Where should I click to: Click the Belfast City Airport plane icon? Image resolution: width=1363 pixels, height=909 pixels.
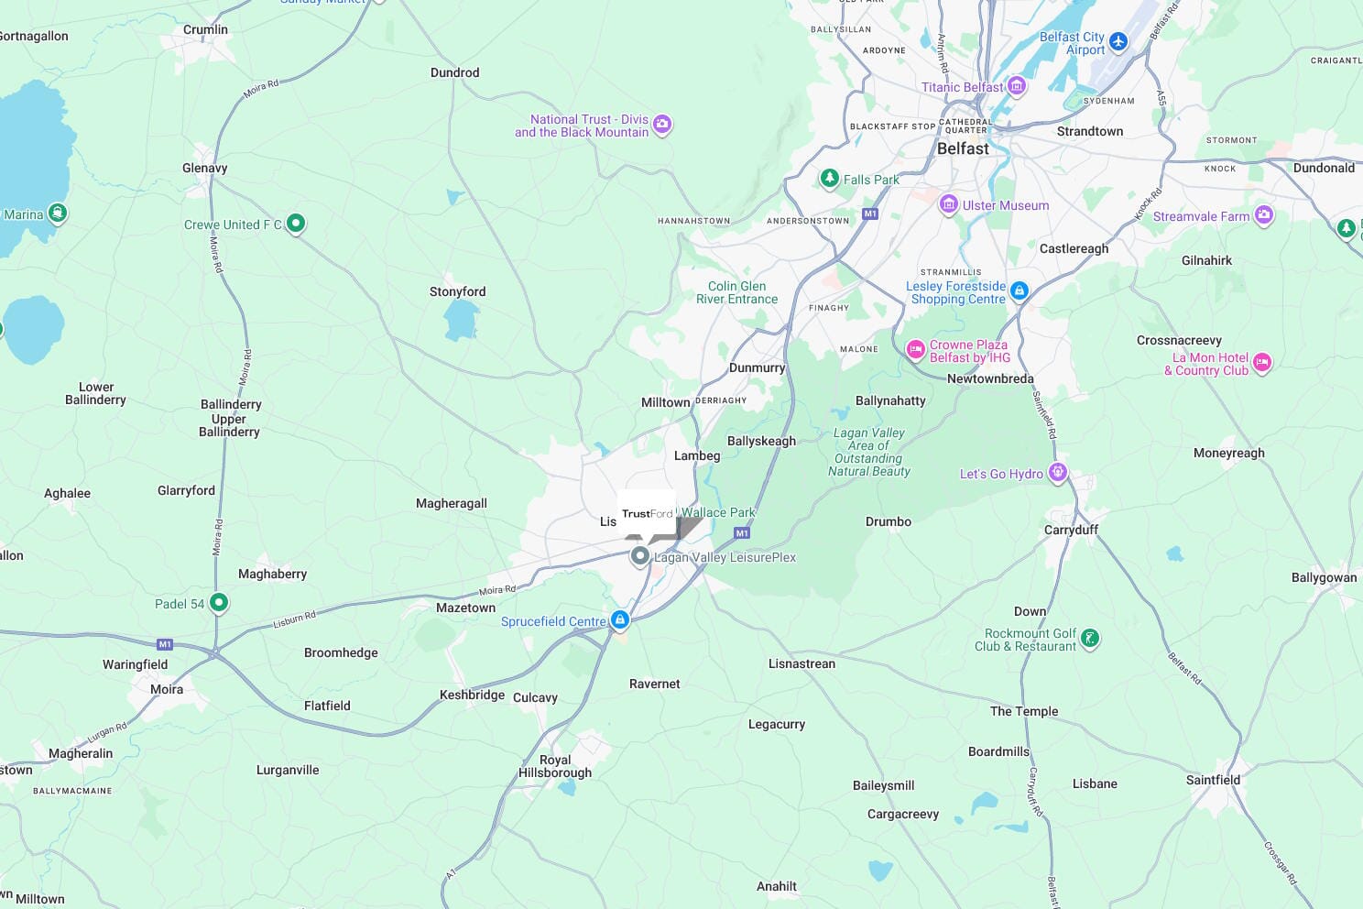(x=1118, y=41)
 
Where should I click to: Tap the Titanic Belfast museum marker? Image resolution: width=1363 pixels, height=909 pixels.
(x=1016, y=86)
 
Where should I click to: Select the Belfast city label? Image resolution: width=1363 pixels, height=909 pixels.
(x=963, y=148)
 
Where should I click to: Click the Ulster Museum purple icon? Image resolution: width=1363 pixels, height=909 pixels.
(x=949, y=203)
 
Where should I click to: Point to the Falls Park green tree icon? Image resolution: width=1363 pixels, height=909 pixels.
(x=829, y=178)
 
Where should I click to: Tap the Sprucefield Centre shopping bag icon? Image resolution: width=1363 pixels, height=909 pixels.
(x=620, y=620)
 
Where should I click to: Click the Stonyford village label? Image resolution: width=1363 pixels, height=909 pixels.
(x=457, y=291)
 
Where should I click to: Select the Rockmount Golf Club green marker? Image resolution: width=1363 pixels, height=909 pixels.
(x=1089, y=638)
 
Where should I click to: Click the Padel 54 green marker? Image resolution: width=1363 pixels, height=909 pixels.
(x=218, y=602)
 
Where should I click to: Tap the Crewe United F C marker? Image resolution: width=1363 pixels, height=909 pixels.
(x=295, y=223)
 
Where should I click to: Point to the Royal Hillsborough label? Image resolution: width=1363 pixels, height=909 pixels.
(x=555, y=766)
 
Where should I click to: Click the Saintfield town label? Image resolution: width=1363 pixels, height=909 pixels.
(x=1213, y=780)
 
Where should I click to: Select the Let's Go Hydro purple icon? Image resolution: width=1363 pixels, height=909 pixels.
(x=1058, y=472)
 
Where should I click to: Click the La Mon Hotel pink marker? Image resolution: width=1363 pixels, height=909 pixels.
(x=1261, y=362)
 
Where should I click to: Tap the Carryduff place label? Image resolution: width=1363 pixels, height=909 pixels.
(x=1071, y=530)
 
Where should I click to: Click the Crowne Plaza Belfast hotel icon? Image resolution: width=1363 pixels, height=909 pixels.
(x=915, y=349)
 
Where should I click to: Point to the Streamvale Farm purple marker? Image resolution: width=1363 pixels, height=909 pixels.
(x=1264, y=215)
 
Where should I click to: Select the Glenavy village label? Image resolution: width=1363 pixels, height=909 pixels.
(x=204, y=168)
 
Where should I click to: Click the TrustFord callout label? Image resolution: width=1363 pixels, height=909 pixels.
(x=647, y=514)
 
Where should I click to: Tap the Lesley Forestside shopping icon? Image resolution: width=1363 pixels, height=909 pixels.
(x=1019, y=291)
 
